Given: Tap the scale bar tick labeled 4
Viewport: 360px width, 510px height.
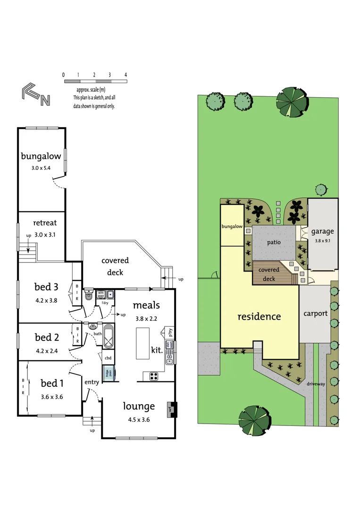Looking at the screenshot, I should [126, 75].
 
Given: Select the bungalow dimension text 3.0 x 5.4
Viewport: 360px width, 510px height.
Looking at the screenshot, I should [41, 168].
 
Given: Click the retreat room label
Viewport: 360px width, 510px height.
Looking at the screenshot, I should [45, 223].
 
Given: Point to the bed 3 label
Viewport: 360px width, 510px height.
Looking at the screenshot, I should [46, 287].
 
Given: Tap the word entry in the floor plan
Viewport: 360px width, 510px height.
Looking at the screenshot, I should [92, 382].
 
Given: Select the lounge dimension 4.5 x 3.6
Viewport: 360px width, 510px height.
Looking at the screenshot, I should [139, 419].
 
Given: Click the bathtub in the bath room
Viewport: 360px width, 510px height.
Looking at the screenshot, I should [108, 336].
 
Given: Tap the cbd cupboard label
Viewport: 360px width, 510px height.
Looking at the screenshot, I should [108, 358].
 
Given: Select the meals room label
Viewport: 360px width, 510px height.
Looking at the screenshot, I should [146, 306].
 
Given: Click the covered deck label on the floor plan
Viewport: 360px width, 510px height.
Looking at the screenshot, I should [115, 266].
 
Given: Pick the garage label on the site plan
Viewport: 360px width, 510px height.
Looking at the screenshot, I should [322, 231].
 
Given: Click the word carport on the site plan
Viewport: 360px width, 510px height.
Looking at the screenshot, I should [316, 313].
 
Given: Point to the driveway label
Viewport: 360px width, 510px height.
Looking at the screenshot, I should [316, 384].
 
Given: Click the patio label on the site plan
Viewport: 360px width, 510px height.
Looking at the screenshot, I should [273, 242].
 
